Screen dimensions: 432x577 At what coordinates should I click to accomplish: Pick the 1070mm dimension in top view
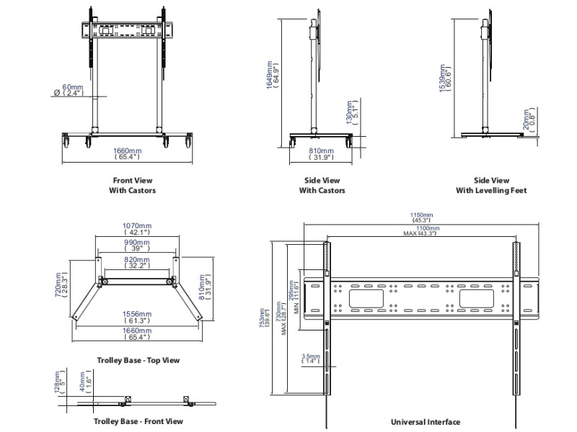(x=136, y=229)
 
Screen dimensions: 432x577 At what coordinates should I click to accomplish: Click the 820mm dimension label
(x=136, y=262)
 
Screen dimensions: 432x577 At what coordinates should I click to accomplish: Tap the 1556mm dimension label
(x=136, y=318)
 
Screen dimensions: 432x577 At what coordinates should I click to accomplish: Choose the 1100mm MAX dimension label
(x=422, y=230)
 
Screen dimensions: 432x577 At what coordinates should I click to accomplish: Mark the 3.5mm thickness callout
(x=311, y=358)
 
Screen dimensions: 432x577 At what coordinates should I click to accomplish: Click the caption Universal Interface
(x=425, y=422)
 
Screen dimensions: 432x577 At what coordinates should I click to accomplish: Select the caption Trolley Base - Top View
(x=138, y=360)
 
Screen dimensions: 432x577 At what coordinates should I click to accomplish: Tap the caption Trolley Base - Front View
(x=138, y=421)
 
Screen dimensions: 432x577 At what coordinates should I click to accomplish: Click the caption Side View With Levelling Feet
(x=491, y=186)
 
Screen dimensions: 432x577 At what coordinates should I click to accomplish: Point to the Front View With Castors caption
(x=133, y=186)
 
